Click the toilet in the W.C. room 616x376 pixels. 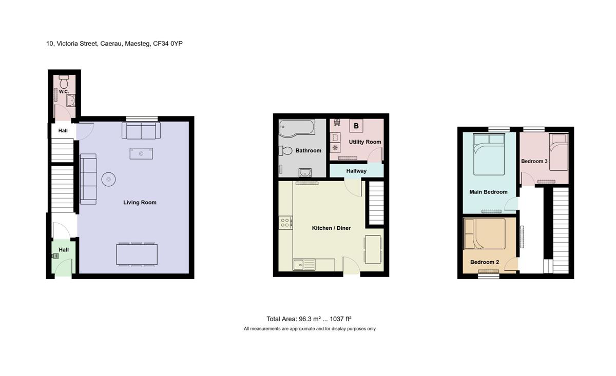[64, 82]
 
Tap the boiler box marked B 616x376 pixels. [356, 126]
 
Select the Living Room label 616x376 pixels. [140, 203]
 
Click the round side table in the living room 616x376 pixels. [108, 180]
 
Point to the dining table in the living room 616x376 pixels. [137, 254]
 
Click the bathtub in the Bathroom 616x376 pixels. [297, 128]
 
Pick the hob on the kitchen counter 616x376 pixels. [285, 223]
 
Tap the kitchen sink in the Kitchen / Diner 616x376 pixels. [304, 265]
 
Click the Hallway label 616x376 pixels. [356, 171]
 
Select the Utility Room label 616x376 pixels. [365, 142]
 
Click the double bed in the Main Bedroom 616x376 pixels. [489, 154]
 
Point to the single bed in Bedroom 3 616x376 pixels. [559, 152]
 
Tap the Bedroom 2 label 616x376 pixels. [485, 262]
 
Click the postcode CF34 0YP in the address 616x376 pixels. [168, 44]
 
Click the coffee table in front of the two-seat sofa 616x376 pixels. [141, 154]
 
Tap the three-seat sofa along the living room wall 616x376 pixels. [88, 179]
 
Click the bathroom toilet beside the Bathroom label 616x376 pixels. [285, 151]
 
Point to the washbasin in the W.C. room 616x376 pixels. [71, 101]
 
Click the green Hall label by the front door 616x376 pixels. [64, 250]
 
